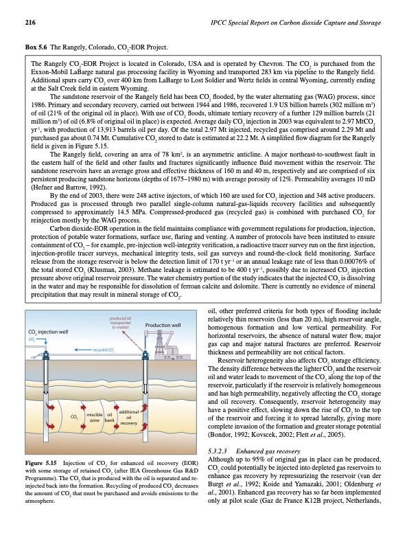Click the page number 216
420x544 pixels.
[30, 23]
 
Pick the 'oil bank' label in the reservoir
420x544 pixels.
[109, 398]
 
